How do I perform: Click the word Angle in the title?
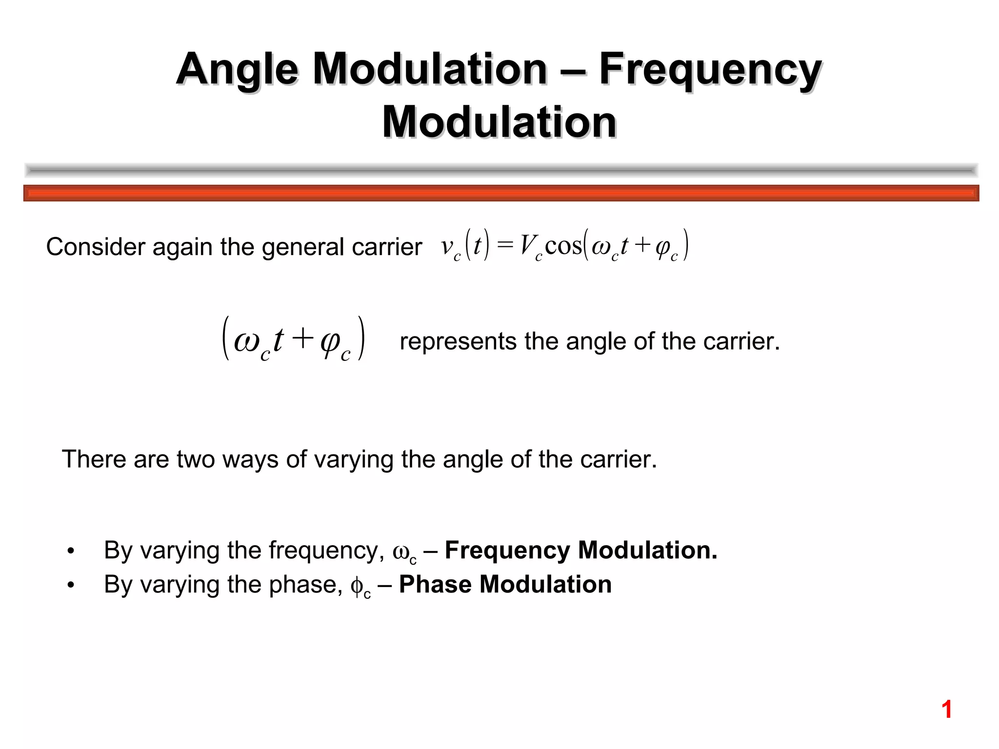coord(237,69)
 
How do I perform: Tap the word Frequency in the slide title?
coord(710,69)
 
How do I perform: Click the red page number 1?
coord(946,710)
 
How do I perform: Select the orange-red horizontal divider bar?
coord(501,193)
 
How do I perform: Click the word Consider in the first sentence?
coord(95,247)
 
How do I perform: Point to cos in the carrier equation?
coord(563,245)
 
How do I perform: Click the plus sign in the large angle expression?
coord(302,338)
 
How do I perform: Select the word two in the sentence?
coord(196,459)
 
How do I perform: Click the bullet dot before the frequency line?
coord(71,551)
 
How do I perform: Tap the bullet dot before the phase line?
coord(71,585)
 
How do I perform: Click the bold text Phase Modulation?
coord(505,584)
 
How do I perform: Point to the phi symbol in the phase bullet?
coord(357,586)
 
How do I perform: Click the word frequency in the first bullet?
coord(323,551)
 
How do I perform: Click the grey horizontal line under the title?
coord(501,170)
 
